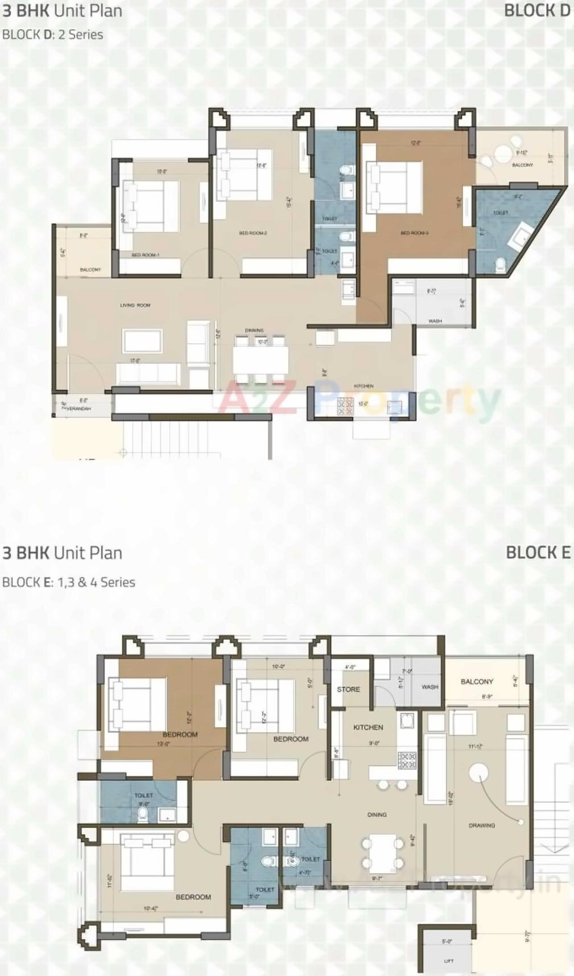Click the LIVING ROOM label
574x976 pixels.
tap(135, 306)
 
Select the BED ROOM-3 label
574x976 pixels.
tap(414, 233)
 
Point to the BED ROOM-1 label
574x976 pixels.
tap(145, 255)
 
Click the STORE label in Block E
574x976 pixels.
tap(348, 689)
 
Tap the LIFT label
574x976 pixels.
tap(448, 961)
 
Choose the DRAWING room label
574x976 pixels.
tap(481, 825)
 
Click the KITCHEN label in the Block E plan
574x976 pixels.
tap(368, 727)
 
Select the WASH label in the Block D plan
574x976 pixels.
tap(435, 321)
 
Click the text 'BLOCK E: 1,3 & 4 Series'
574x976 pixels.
tap(69, 582)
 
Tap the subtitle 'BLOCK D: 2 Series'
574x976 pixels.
tap(53, 35)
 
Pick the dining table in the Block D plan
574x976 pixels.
tap(260, 359)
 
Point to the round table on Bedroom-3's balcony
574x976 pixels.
tap(503, 153)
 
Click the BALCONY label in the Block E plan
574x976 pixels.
tap(477, 681)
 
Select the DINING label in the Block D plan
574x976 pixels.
tap(254, 331)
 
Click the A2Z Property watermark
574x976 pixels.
tap(358, 401)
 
